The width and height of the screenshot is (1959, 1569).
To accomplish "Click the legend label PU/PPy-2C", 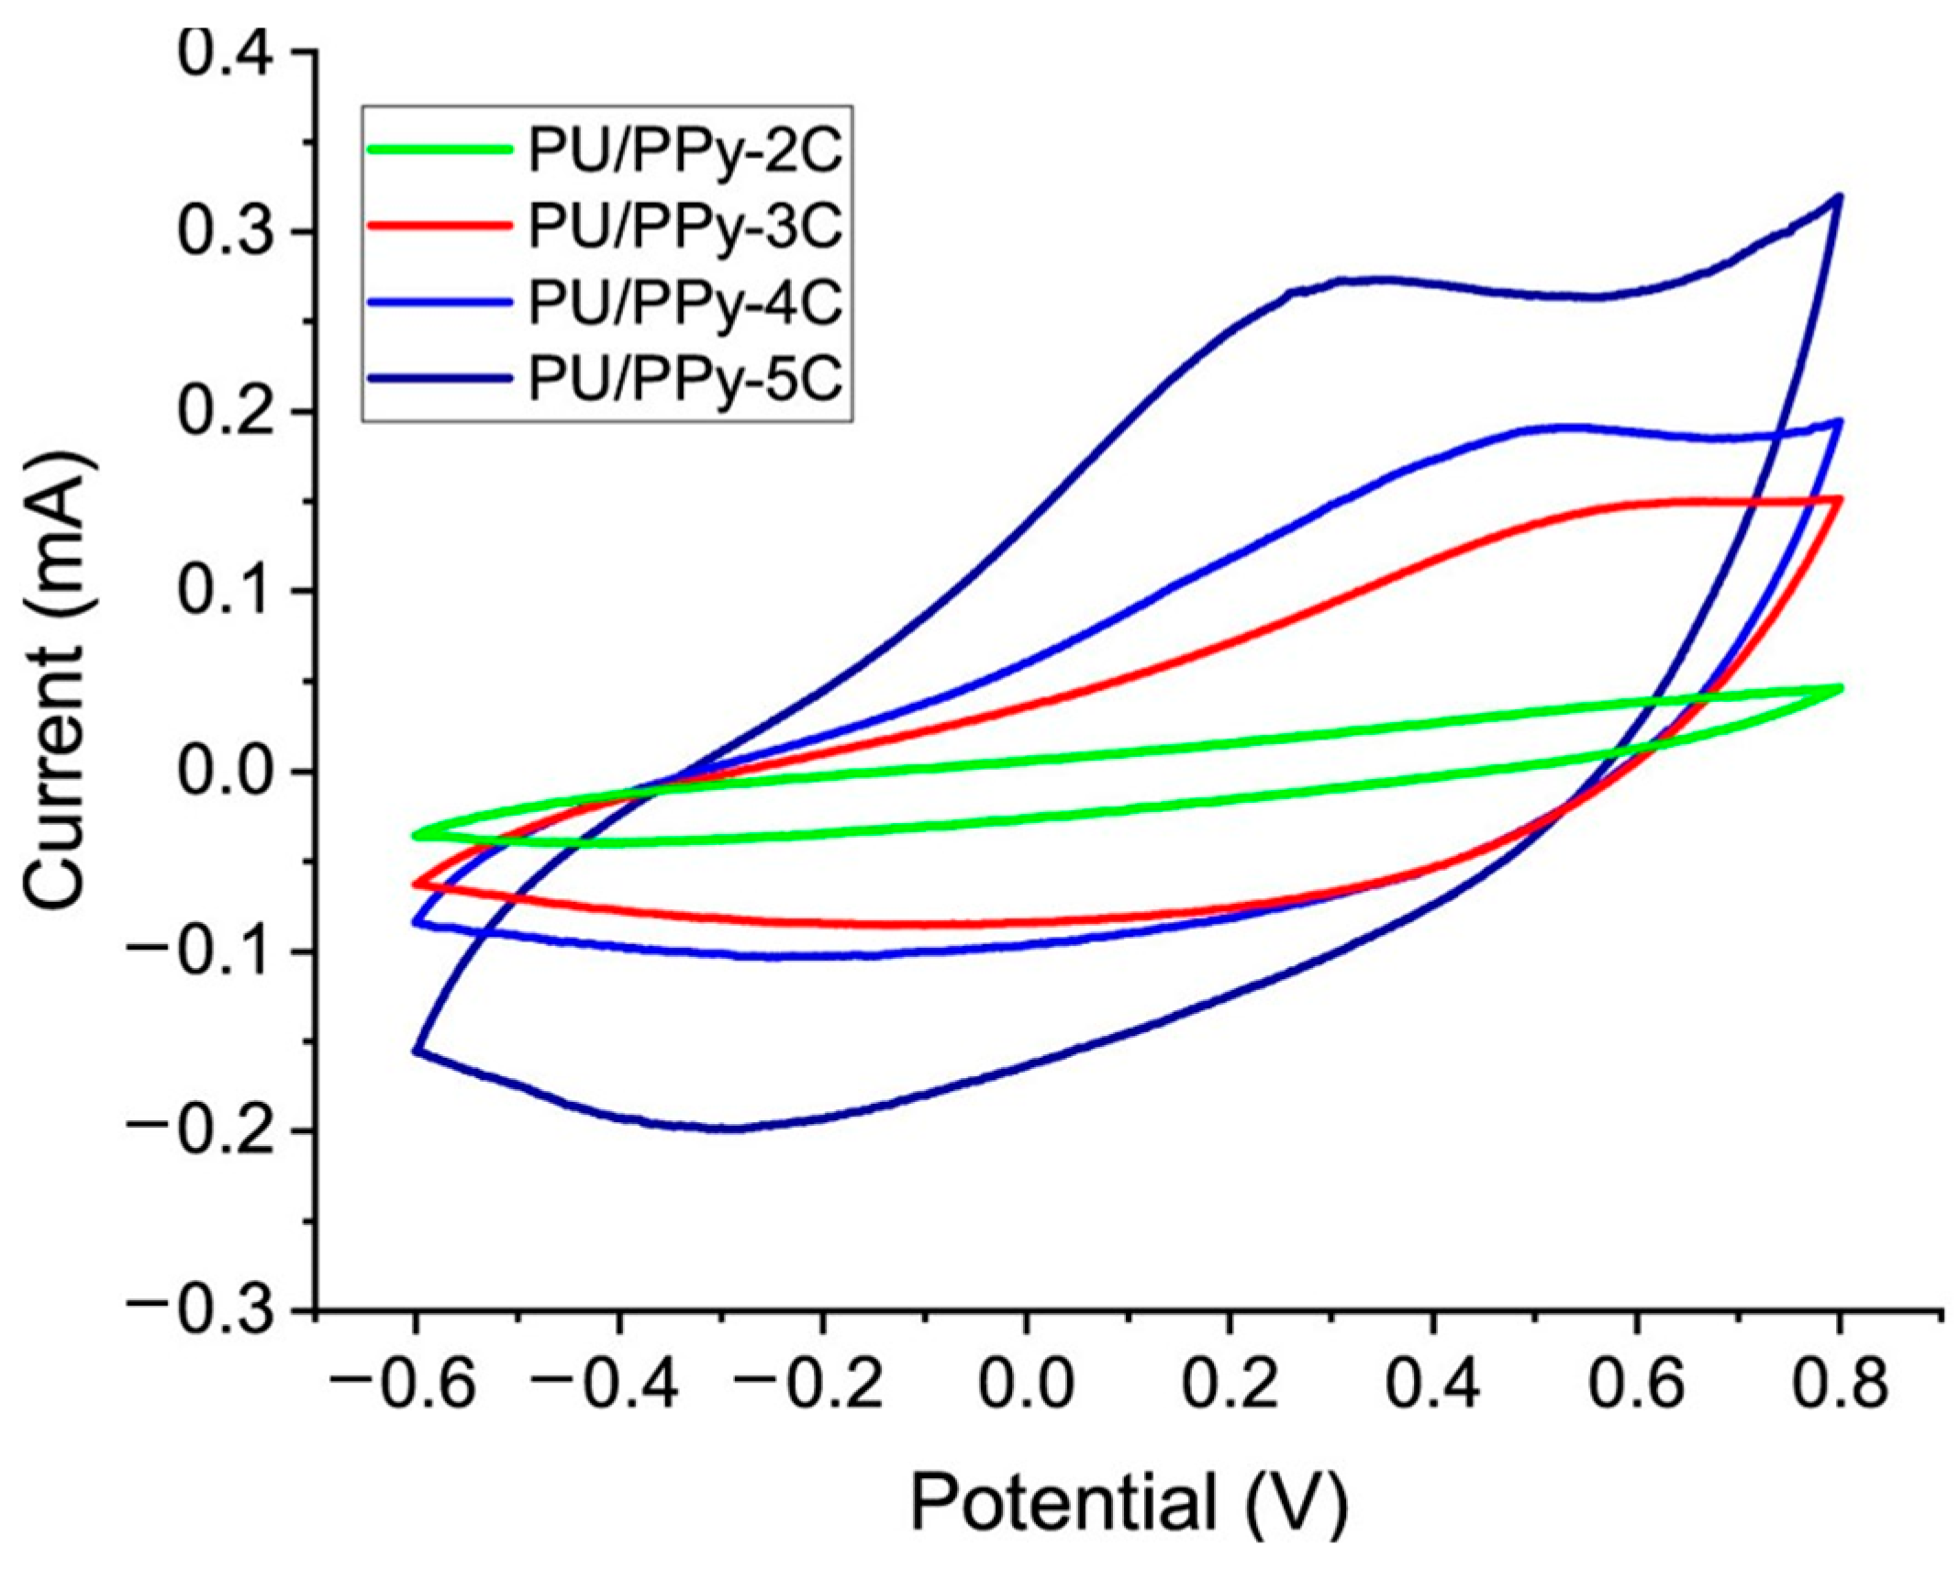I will (x=685, y=153).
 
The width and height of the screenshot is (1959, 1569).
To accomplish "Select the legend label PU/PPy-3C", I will (x=685, y=228).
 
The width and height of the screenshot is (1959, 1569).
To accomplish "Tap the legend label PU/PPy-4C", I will (x=685, y=303).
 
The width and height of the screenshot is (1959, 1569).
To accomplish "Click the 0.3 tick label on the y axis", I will (x=224, y=233).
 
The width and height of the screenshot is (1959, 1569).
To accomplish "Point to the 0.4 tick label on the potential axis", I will (x=1432, y=1384).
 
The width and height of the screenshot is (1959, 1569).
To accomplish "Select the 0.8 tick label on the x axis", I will (x=1839, y=1384).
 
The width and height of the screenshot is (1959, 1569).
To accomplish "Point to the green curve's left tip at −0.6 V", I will (x=416, y=835).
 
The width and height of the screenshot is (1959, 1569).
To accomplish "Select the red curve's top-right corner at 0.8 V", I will (x=1839, y=499).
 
